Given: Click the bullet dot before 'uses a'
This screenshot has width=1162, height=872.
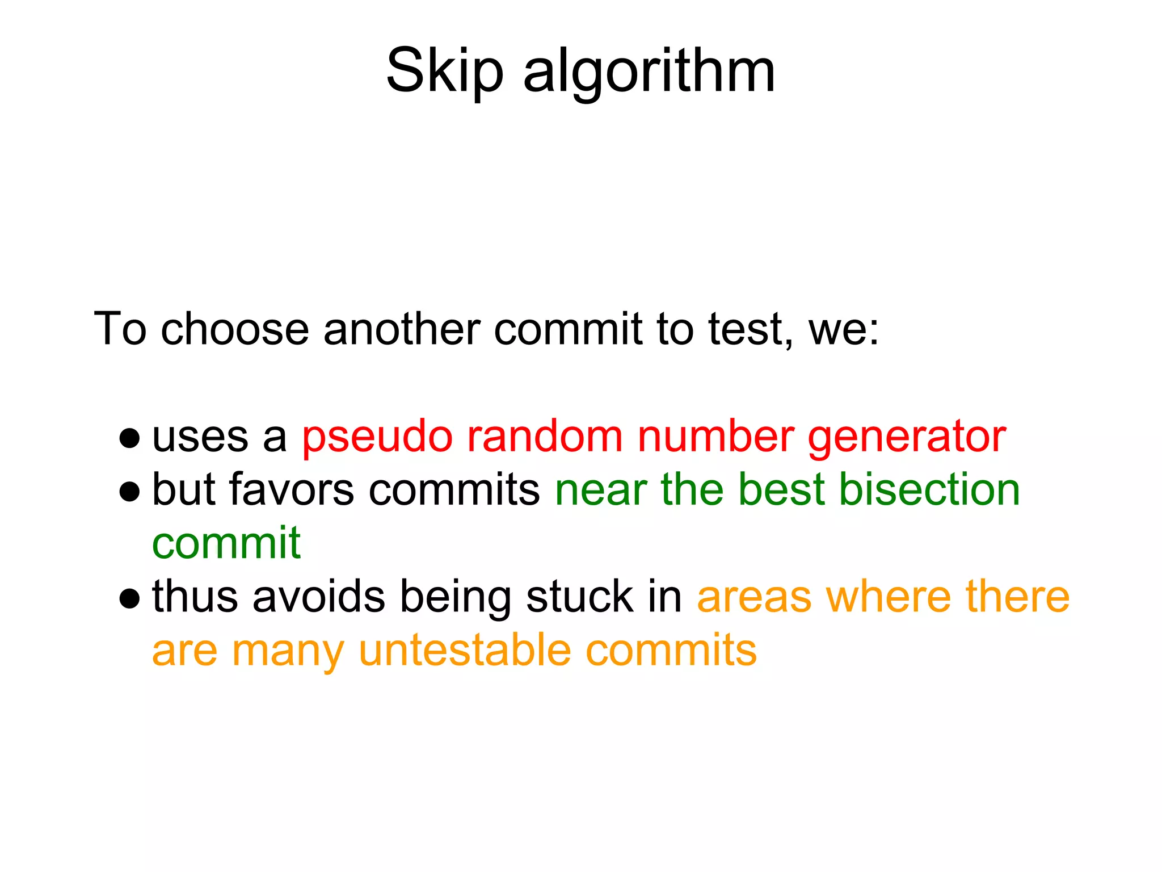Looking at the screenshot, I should click(130, 438).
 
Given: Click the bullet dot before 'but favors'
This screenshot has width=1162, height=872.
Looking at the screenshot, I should click(130, 491).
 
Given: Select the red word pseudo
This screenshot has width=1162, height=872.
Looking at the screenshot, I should click(377, 437).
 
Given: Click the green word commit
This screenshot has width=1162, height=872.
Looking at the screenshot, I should click(226, 543).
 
